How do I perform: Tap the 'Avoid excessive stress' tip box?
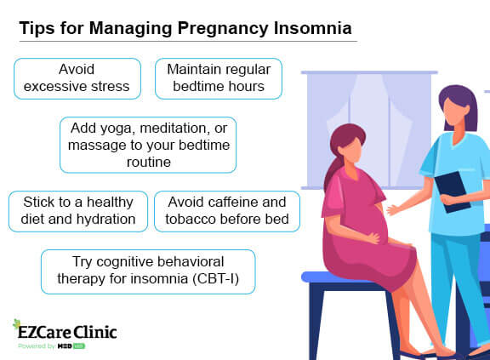pos(77,77)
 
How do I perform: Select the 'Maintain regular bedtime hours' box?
pos(218,77)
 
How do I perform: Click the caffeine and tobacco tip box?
pos(227,211)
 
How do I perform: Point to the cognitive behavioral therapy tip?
pos(148,271)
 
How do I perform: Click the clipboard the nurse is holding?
pos(454,191)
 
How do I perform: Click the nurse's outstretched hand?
pos(392,209)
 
